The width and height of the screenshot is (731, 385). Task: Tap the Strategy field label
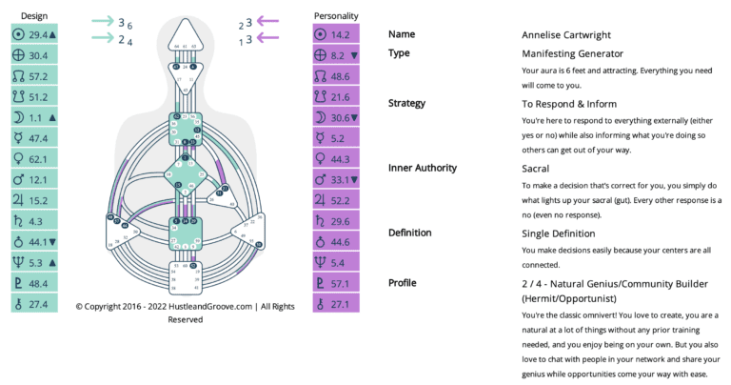406,103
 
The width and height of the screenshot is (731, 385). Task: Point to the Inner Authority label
424,168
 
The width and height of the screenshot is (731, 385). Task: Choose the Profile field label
403,283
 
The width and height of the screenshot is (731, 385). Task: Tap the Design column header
33,16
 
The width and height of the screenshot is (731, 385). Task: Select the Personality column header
336,16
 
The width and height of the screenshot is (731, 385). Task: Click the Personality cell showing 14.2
336,34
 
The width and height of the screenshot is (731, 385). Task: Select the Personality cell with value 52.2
336,200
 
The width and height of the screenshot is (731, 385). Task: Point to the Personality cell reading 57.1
336,283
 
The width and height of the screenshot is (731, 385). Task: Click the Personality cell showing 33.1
336,179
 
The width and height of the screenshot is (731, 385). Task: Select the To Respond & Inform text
569,103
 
